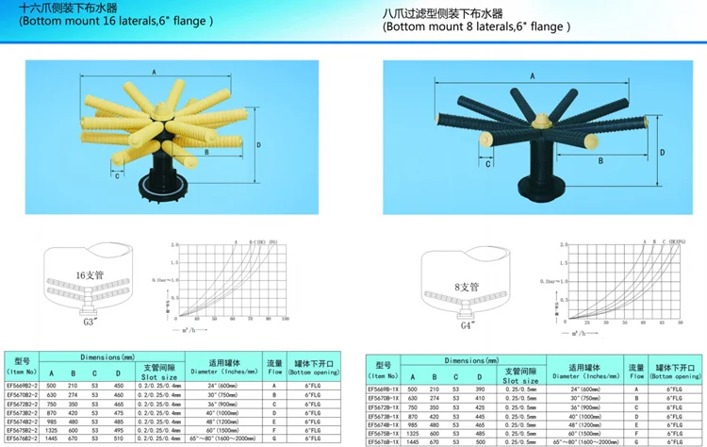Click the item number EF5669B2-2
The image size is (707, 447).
[23, 385]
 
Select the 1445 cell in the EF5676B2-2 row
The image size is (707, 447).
[51, 439]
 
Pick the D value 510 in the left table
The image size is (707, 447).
[118, 439]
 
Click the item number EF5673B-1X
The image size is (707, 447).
[384, 416]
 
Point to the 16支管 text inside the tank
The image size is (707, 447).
[92, 276]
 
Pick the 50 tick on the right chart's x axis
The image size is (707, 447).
[680, 322]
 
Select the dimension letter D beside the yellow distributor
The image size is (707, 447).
[257, 143]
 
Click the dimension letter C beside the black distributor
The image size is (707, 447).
[488, 163]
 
